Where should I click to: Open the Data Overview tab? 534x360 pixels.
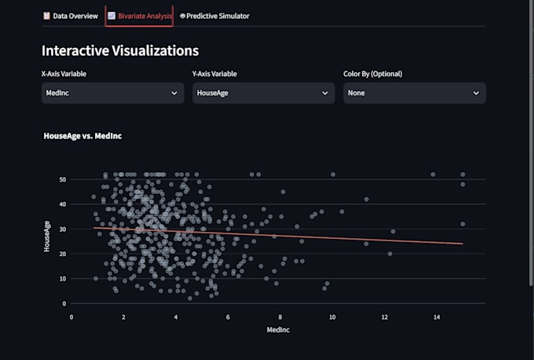71,16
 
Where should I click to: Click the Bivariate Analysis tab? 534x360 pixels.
140,16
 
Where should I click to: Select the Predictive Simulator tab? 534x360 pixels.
214,16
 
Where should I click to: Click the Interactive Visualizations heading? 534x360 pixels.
120,51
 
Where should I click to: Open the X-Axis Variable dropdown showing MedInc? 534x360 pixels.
113,93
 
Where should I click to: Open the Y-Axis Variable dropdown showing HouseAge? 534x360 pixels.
264,93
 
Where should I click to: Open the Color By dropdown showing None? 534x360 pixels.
415,93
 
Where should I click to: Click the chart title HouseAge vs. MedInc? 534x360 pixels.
82,136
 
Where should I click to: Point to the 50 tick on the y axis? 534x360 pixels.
63,180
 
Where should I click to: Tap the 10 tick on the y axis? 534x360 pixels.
63,279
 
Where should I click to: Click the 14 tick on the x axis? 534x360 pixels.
437,318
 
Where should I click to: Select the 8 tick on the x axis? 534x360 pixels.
280,318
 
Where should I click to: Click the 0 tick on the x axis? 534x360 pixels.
71,318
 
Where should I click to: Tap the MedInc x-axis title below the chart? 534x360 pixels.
278,329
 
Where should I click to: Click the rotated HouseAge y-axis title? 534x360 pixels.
47,237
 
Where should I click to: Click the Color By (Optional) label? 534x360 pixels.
372,74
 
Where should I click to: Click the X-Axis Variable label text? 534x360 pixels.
64,74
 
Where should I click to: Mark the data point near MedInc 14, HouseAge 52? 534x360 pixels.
433,174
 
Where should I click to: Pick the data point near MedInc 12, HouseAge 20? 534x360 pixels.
390,254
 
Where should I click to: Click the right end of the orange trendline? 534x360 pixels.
463,244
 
